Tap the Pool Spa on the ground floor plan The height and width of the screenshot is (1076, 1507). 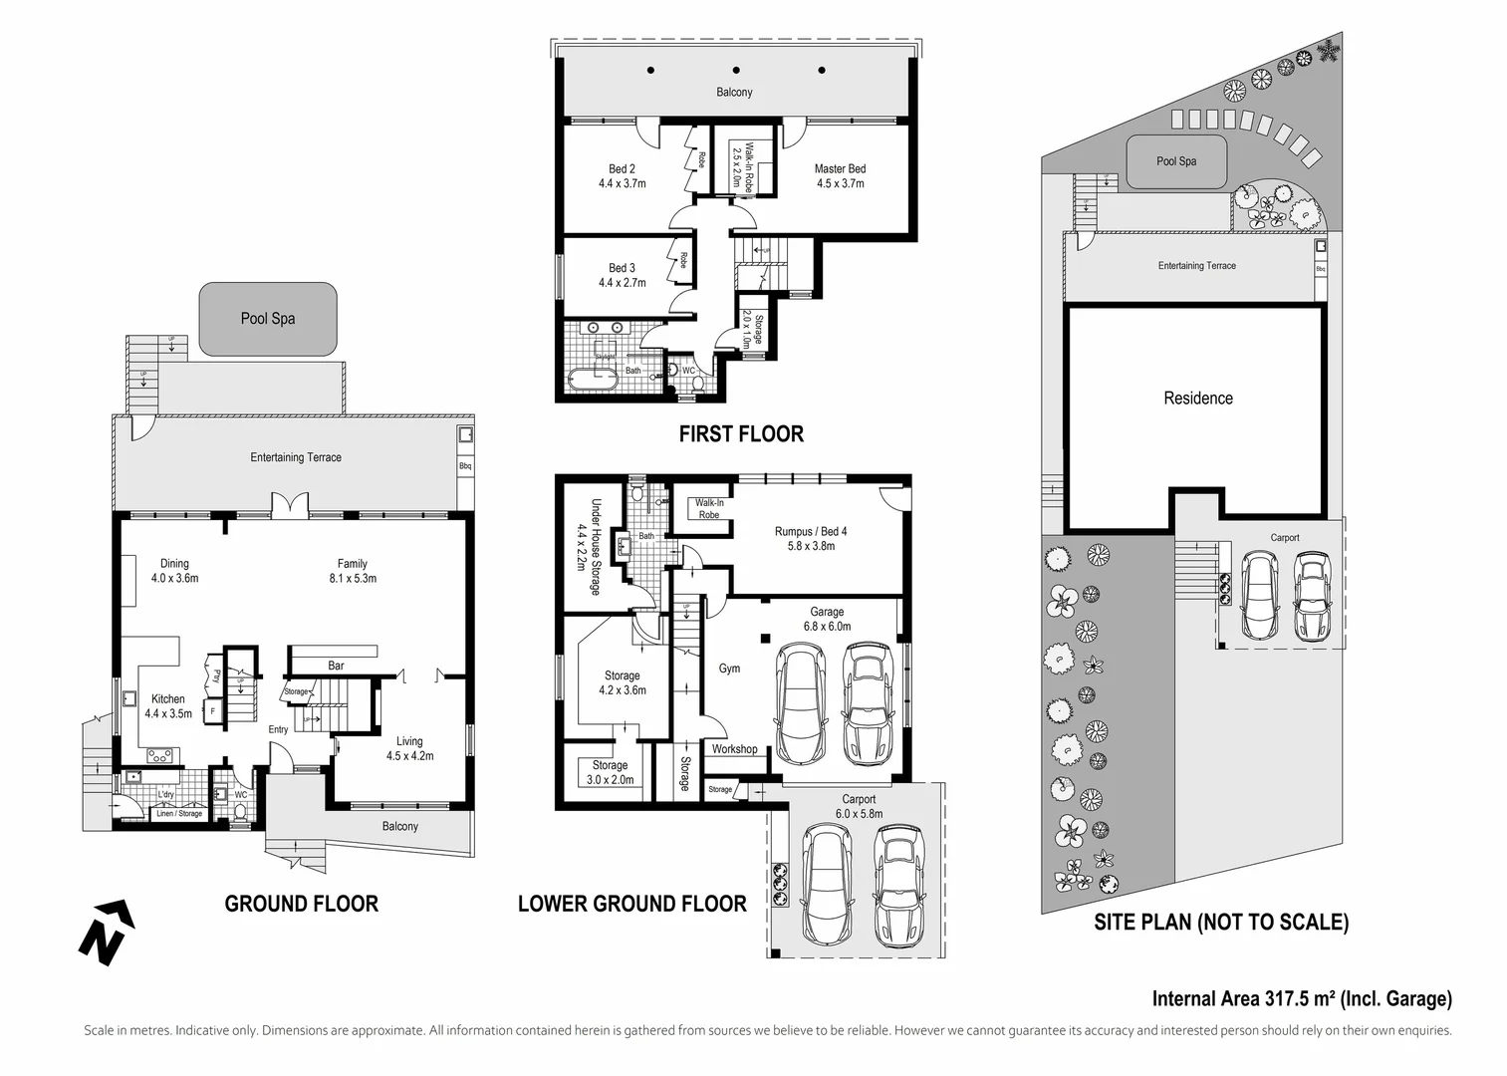tap(267, 319)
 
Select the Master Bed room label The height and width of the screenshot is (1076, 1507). tap(840, 176)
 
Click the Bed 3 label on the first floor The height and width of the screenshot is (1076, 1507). tap(622, 275)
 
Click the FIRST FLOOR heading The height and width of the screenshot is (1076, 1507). tap(741, 434)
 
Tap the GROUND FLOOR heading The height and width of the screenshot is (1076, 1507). tap(301, 904)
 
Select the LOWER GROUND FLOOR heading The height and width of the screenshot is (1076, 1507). tap(631, 904)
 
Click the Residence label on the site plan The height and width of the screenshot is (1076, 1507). tap(1197, 399)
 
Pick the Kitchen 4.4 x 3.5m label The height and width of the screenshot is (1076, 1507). tap(168, 705)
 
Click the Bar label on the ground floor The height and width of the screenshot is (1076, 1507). tap(336, 666)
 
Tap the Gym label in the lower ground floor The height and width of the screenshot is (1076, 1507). tap(729, 669)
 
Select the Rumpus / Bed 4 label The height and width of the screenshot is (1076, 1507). tap(811, 538)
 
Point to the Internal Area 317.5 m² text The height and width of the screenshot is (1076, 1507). tap(1301, 998)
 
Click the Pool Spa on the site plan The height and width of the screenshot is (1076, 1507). tap(1176, 161)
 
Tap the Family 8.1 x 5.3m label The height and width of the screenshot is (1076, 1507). tap(352, 571)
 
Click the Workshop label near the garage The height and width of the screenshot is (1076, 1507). tap(734, 749)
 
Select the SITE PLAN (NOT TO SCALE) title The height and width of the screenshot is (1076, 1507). tap(1221, 923)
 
